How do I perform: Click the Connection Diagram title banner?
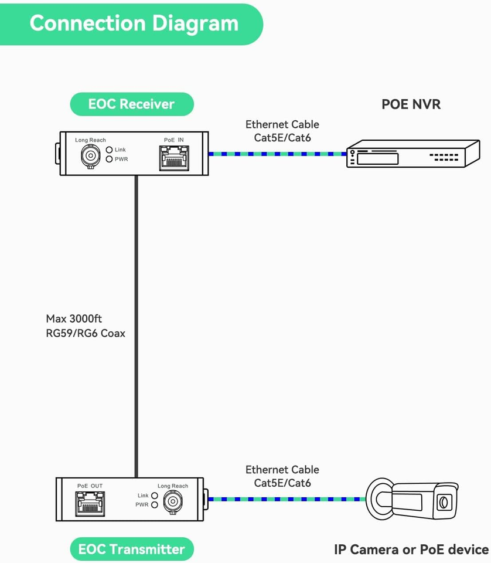(134, 24)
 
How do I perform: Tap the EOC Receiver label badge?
(131, 104)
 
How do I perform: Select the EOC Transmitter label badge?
(131, 550)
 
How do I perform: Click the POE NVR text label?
(411, 104)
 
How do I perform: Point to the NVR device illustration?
(405, 155)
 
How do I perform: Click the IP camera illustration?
(412, 499)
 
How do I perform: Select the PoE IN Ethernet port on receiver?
(173, 157)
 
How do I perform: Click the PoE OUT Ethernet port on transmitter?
(90, 503)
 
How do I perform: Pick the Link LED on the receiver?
(109, 150)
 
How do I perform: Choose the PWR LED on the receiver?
(109, 159)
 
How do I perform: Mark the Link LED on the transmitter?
(155, 496)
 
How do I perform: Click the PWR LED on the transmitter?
(155, 504)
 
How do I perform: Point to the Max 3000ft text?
(74, 319)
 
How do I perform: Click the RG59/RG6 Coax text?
(86, 333)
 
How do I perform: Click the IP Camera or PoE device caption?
(411, 550)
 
